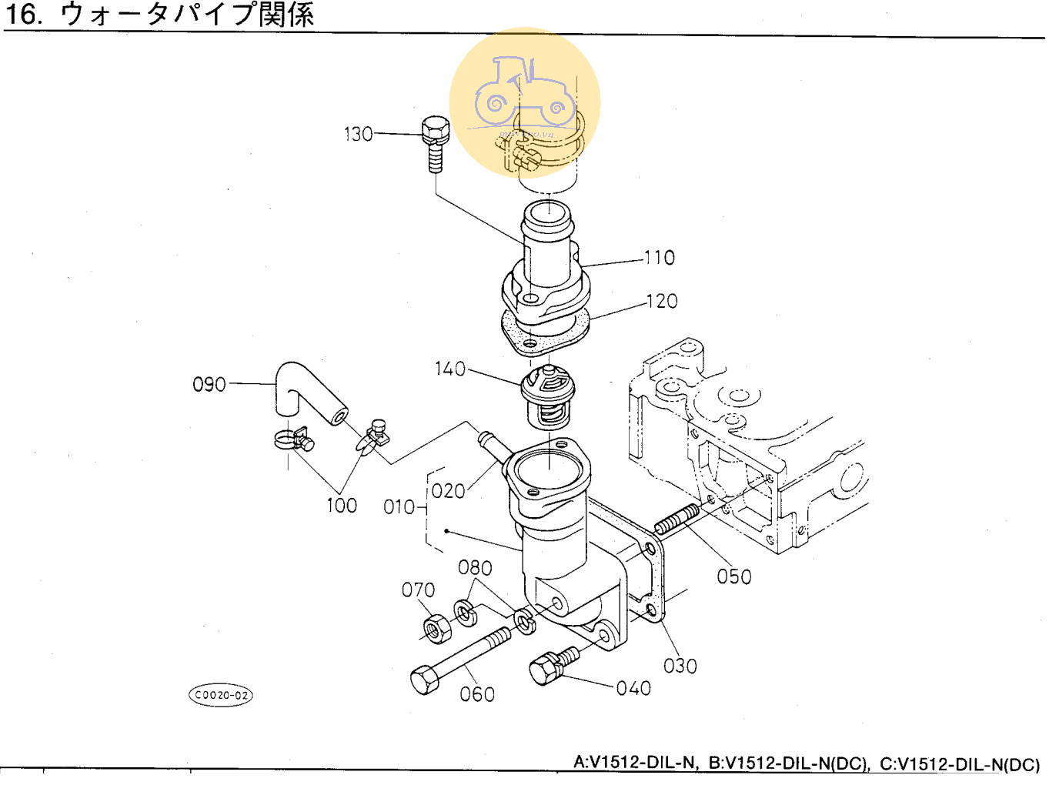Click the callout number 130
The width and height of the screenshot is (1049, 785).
358,135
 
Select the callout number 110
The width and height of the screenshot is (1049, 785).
660,258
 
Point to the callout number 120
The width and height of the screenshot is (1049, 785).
662,301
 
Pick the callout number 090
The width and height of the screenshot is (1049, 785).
209,384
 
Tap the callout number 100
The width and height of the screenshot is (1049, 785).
342,506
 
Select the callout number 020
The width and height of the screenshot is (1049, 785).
448,491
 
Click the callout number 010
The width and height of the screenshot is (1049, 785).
399,507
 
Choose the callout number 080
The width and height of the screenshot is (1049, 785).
475,568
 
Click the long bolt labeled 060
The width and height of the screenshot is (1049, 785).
458,660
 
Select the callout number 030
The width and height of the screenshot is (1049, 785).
680,666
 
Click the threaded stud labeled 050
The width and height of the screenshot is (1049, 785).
677,519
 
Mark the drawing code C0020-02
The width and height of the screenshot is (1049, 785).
221,695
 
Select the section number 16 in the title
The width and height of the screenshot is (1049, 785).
23,14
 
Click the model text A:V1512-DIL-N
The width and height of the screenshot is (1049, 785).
635,763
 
